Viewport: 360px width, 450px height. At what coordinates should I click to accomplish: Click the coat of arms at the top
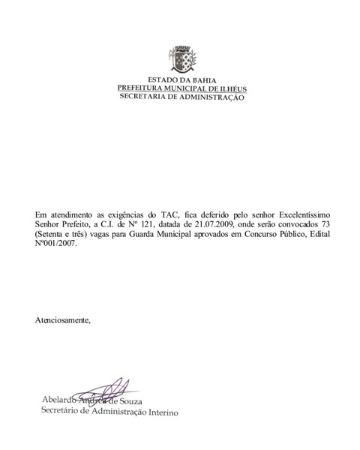point(181,59)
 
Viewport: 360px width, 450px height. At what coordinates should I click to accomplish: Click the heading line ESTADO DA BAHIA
point(181,80)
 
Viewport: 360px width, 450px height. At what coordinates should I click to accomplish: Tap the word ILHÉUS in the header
point(229,89)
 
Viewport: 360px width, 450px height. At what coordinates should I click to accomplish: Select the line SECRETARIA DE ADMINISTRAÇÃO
point(181,98)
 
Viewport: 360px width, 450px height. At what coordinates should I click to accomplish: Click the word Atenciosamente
point(63,320)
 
